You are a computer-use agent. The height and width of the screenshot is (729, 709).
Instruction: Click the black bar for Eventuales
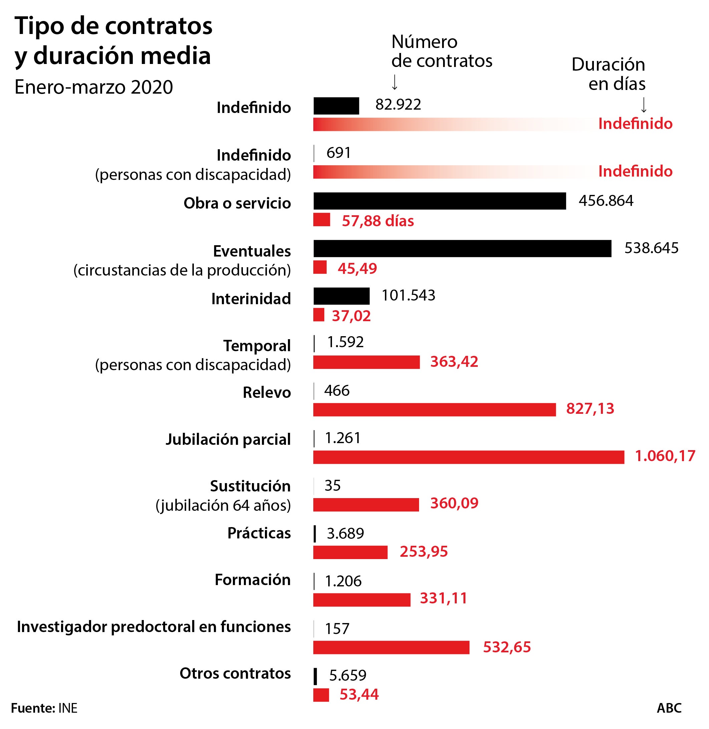click(462, 249)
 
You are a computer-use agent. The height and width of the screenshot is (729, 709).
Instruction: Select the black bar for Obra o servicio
click(439, 201)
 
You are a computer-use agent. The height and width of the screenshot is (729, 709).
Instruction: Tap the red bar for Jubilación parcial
click(468, 457)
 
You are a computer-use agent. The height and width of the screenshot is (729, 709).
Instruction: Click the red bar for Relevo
click(434, 409)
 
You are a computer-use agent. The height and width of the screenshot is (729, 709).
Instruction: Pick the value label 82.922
click(398, 105)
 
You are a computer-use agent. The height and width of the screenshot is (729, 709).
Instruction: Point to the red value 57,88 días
click(378, 221)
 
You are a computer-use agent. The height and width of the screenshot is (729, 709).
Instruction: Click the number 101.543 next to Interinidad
click(408, 295)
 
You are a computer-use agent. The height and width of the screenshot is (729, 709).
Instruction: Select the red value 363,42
click(454, 362)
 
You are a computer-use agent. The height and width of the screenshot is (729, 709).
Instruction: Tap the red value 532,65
click(506, 647)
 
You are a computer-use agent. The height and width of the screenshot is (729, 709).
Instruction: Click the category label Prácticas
click(259, 533)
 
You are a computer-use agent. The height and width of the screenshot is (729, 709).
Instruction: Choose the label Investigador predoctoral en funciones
click(154, 627)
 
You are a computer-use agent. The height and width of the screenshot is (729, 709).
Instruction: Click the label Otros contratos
click(235, 673)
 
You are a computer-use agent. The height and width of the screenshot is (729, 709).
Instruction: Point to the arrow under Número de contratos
click(395, 82)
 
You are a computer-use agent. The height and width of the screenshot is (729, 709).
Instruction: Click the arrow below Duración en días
click(644, 105)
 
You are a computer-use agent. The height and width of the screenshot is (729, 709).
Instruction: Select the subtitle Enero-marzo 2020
click(94, 87)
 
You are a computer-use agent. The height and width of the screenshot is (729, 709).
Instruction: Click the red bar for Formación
click(361, 600)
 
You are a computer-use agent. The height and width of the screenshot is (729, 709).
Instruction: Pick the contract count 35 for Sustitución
click(332, 485)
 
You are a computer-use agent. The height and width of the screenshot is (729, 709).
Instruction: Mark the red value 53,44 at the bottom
click(359, 694)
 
